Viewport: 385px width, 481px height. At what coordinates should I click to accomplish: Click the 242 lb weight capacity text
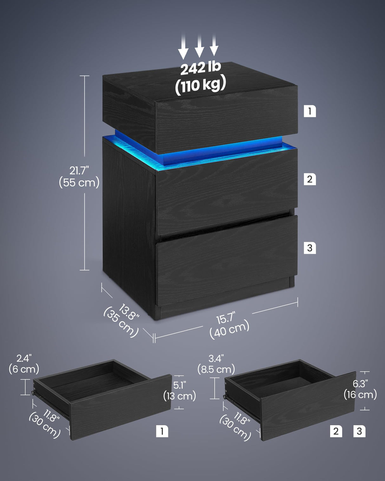[x=200, y=68]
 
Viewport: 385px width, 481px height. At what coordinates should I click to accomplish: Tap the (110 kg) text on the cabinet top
[x=200, y=85]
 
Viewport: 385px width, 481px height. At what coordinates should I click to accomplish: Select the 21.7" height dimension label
[x=79, y=171]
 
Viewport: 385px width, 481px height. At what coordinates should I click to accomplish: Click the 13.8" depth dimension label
[x=128, y=312]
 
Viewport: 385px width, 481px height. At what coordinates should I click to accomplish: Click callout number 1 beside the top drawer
[x=310, y=111]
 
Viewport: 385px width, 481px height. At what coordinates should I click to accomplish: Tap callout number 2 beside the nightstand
[x=310, y=179]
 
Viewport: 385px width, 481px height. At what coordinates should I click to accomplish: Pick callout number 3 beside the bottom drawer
[x=310, y=248]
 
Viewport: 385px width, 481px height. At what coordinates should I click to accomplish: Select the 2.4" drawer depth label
[x=24, y=358]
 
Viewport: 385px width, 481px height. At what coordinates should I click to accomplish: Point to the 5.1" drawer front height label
[x=179, y=385]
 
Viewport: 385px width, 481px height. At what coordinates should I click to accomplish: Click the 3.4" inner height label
[x=216, y=358]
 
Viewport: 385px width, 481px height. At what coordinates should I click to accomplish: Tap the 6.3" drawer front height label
[x=360, y=384]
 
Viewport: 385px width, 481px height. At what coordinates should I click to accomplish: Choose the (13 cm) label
[x=179, y=396]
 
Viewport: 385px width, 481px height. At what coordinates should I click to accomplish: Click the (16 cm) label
[x=360, y=395]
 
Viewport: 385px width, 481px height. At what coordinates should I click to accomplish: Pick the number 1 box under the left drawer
[x=162, y=431]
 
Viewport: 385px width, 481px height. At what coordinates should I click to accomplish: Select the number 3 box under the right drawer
[x=359, y=431]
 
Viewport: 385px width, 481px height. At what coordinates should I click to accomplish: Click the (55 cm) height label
[x=79, y=183]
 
